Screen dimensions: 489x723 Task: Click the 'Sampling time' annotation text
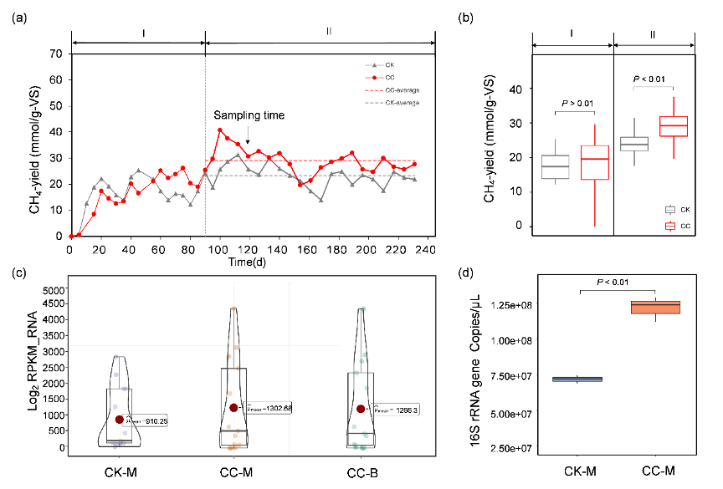(249, 115)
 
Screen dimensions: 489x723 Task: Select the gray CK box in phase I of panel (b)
(555, 166)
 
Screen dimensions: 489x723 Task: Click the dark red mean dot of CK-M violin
(120, 420)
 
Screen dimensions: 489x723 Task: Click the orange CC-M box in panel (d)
(656, 307)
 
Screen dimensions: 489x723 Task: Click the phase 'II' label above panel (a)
(329, 32)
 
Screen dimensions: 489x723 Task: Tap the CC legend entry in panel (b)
(684, 226)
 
